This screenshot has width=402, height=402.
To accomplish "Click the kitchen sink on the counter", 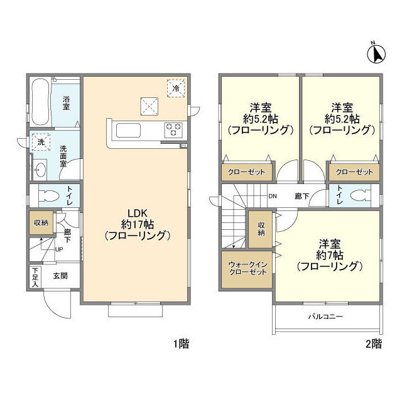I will [130, 130].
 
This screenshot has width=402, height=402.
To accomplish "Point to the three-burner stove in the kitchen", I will [173, 130].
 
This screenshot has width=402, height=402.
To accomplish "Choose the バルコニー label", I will [325, 317].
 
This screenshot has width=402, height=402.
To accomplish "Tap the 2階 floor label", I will [373, 344].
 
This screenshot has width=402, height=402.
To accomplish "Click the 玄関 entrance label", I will [60, 275].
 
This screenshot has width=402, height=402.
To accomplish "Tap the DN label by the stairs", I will [273, 196].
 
